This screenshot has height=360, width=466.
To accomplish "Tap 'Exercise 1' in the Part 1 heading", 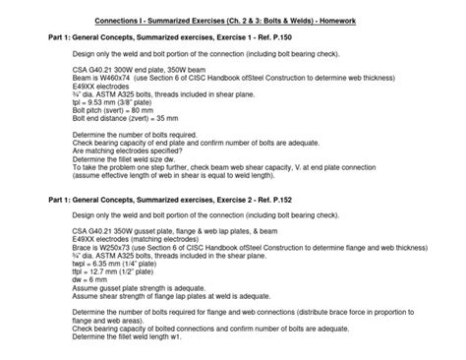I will click(235, 37).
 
